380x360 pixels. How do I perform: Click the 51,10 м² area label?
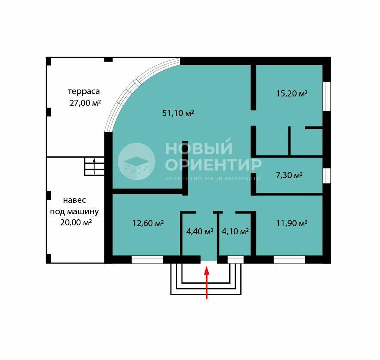pos(178,113)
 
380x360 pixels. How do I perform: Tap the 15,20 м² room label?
pos(292,94)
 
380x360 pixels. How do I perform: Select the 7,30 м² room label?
pos(289,175)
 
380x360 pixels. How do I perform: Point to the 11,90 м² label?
pos(292,223)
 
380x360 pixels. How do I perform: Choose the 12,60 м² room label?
pos(148,223)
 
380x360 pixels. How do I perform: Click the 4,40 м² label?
pos(200,232)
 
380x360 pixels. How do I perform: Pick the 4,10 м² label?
pos(235,232)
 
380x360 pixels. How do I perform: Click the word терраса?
pos(84,92)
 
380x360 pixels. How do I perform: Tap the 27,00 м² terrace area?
pos(85,103)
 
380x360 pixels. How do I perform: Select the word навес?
pos(74,200)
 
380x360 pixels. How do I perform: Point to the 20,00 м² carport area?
pos(76,222)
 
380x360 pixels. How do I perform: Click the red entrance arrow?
pos(207,283)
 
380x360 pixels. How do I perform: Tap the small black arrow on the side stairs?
pos(94,166)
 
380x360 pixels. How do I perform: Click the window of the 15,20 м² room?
pos(327,96)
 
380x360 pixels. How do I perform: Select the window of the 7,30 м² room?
pos(327,176)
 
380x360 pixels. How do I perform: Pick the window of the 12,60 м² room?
pos(147,259)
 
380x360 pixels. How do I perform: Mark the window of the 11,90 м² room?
pos(289,259)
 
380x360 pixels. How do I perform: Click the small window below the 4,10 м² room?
pos(235,259)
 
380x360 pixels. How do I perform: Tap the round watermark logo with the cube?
pos(136,161)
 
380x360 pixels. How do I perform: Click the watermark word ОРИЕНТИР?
pos(213,165)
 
